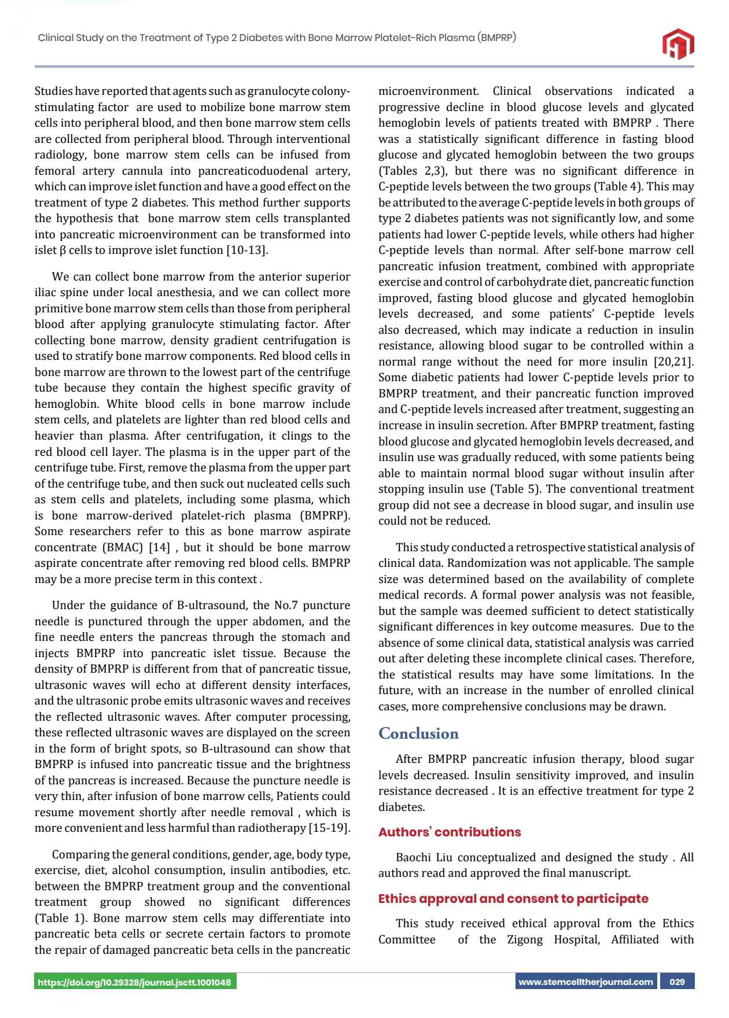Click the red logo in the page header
click(678, 43)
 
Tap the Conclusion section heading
click(418, 733)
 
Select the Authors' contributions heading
click(450, 832)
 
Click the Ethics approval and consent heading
click(513, 898)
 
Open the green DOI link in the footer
click(135, 982)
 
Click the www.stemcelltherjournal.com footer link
click(586, 982)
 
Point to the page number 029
click(677, 982)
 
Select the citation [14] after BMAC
click(159, 547)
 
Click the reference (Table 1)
click(61, 918)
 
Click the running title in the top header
click(277, 38)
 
